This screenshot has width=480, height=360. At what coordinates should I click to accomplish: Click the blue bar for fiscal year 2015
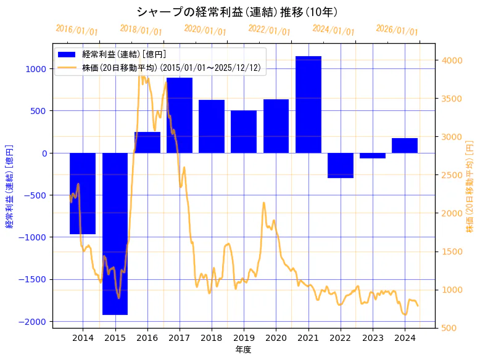tap(115, 234)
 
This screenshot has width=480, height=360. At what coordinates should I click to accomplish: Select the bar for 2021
tap(308, 105)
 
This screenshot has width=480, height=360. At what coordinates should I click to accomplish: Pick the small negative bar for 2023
tap(373, 155)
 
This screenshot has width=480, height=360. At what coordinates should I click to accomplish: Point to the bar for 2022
tap(341, 165)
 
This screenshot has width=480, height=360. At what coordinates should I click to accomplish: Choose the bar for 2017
tap(180, 115)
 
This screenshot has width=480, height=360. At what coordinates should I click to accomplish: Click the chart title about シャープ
tap(237, 12)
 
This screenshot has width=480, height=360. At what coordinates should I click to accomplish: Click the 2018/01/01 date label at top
tap(141, 30)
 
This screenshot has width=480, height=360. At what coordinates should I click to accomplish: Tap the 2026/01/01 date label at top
tap(397, 30)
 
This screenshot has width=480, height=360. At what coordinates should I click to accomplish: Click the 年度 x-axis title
tap(244, 350)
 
